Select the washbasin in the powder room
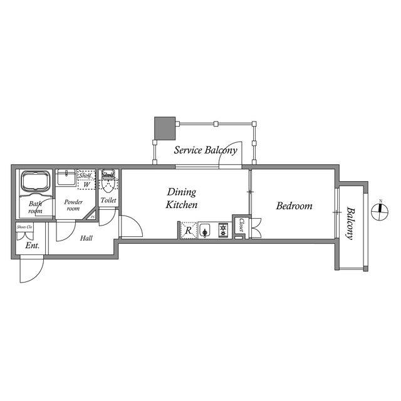click(66, 179)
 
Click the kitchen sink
click(206, 231)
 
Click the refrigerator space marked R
click(189, 231)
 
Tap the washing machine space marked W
click(86, 185)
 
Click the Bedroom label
click(294, 206)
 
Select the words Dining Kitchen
click(182, 198)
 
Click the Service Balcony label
click(205, 150)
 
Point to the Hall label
click(87, 237)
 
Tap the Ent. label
click(33, 246)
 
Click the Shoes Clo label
click(25, 227)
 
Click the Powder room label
click(73, 205)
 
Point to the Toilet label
click(108, 200)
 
